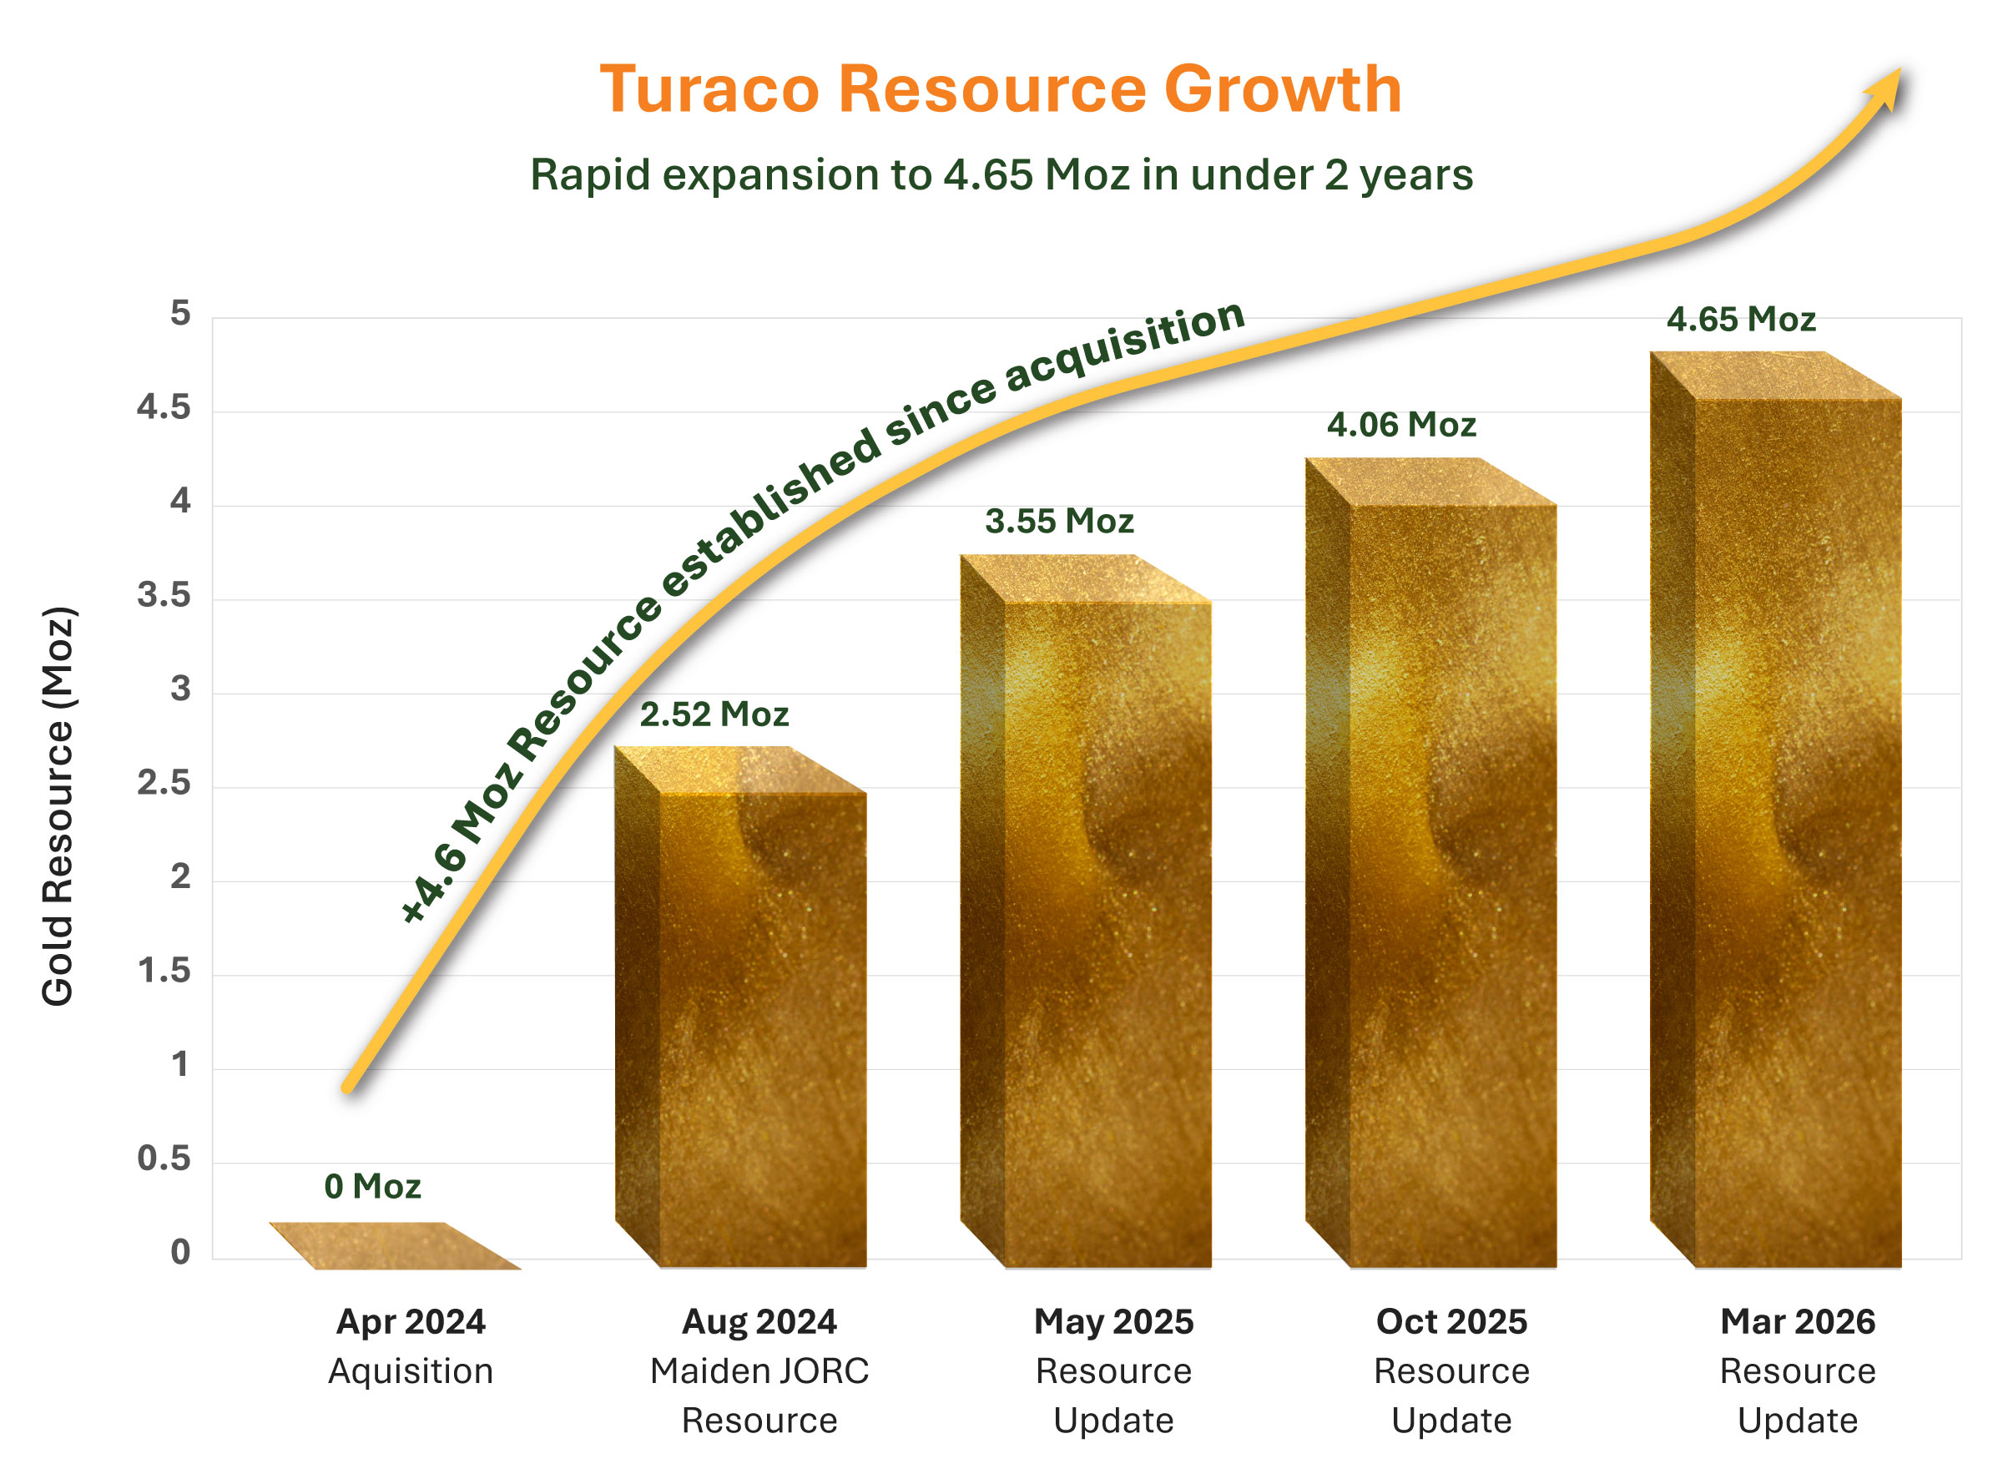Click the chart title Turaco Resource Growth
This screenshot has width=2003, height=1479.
[x=1000, y=89]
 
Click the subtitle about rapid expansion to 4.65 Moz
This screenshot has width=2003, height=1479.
[x=1001, y=174]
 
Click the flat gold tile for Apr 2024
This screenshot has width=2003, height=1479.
[x=394, y=1246]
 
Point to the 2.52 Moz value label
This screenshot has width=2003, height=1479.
[x=714, y=714]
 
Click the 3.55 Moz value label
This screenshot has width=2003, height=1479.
[x=1059, y=521]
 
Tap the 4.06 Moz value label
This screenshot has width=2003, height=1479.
[x=1400, y=424]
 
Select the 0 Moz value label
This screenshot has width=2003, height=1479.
[x=372, y=1186]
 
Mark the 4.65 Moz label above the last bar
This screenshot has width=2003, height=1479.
[x=1740, y=320]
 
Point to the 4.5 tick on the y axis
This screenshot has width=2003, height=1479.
[x=164, y=408]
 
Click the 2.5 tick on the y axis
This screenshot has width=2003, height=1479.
[x=164, y=784]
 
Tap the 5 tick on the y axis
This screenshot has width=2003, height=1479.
[x=180, y=313]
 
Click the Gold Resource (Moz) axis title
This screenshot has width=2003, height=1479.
[x=58, y=805]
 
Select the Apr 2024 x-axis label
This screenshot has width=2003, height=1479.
[x=411, y=1321]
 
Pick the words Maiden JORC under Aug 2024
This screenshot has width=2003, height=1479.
[x=759, y=1370]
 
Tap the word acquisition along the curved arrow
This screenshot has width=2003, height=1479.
[x=1125, y=345]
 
